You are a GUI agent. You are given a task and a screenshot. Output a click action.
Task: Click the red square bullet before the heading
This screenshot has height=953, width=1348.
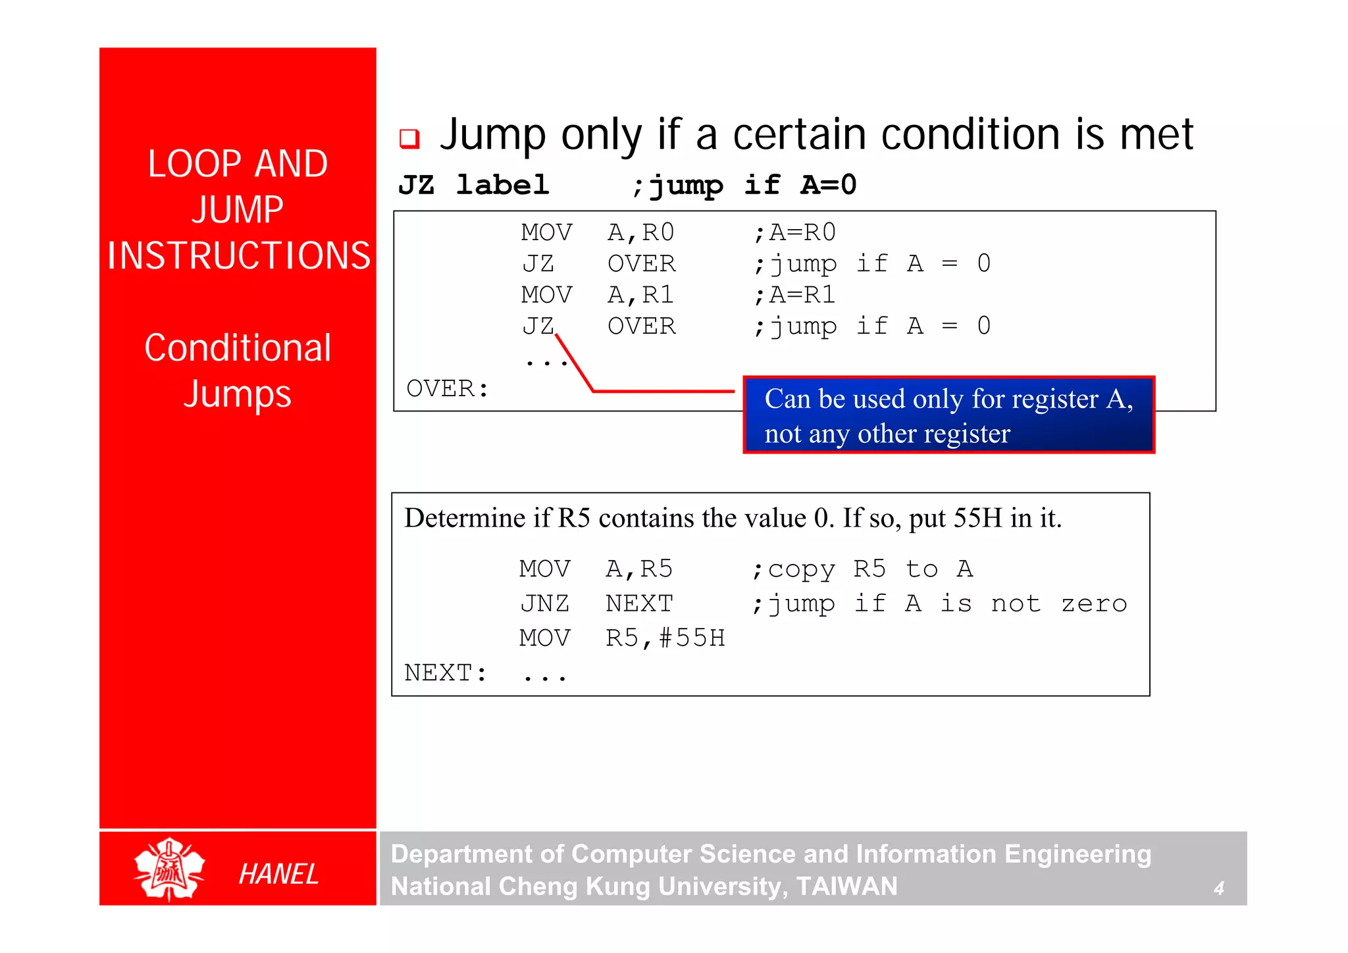point(409,138)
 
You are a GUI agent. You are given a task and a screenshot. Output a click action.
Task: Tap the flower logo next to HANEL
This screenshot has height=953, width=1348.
point(169,869)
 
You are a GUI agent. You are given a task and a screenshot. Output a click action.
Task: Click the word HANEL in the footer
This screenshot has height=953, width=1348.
point(278,874)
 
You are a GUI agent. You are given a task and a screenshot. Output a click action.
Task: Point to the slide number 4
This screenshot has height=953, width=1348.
point(1218,889)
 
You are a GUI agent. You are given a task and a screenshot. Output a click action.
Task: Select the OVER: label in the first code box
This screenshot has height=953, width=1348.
point(448,388)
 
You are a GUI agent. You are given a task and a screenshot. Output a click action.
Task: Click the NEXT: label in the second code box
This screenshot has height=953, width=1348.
point(446,673)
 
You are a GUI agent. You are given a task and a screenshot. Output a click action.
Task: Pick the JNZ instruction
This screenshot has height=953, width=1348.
point(545,604)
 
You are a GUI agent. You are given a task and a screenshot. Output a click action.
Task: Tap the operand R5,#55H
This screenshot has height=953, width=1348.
point(665,638)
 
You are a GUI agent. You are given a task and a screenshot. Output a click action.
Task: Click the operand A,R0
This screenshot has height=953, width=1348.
point(640,232)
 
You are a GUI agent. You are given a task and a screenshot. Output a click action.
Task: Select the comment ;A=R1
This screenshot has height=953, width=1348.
point(794,295)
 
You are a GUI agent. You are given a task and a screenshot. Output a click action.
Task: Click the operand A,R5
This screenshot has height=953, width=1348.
point(638,569)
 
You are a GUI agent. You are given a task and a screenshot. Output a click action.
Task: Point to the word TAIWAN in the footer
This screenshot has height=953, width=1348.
point(846,887)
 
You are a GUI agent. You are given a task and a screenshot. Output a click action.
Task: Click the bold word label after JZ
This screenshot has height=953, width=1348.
point(502,185)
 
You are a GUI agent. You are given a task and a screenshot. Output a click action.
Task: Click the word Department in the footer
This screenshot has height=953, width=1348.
point(461,854)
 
